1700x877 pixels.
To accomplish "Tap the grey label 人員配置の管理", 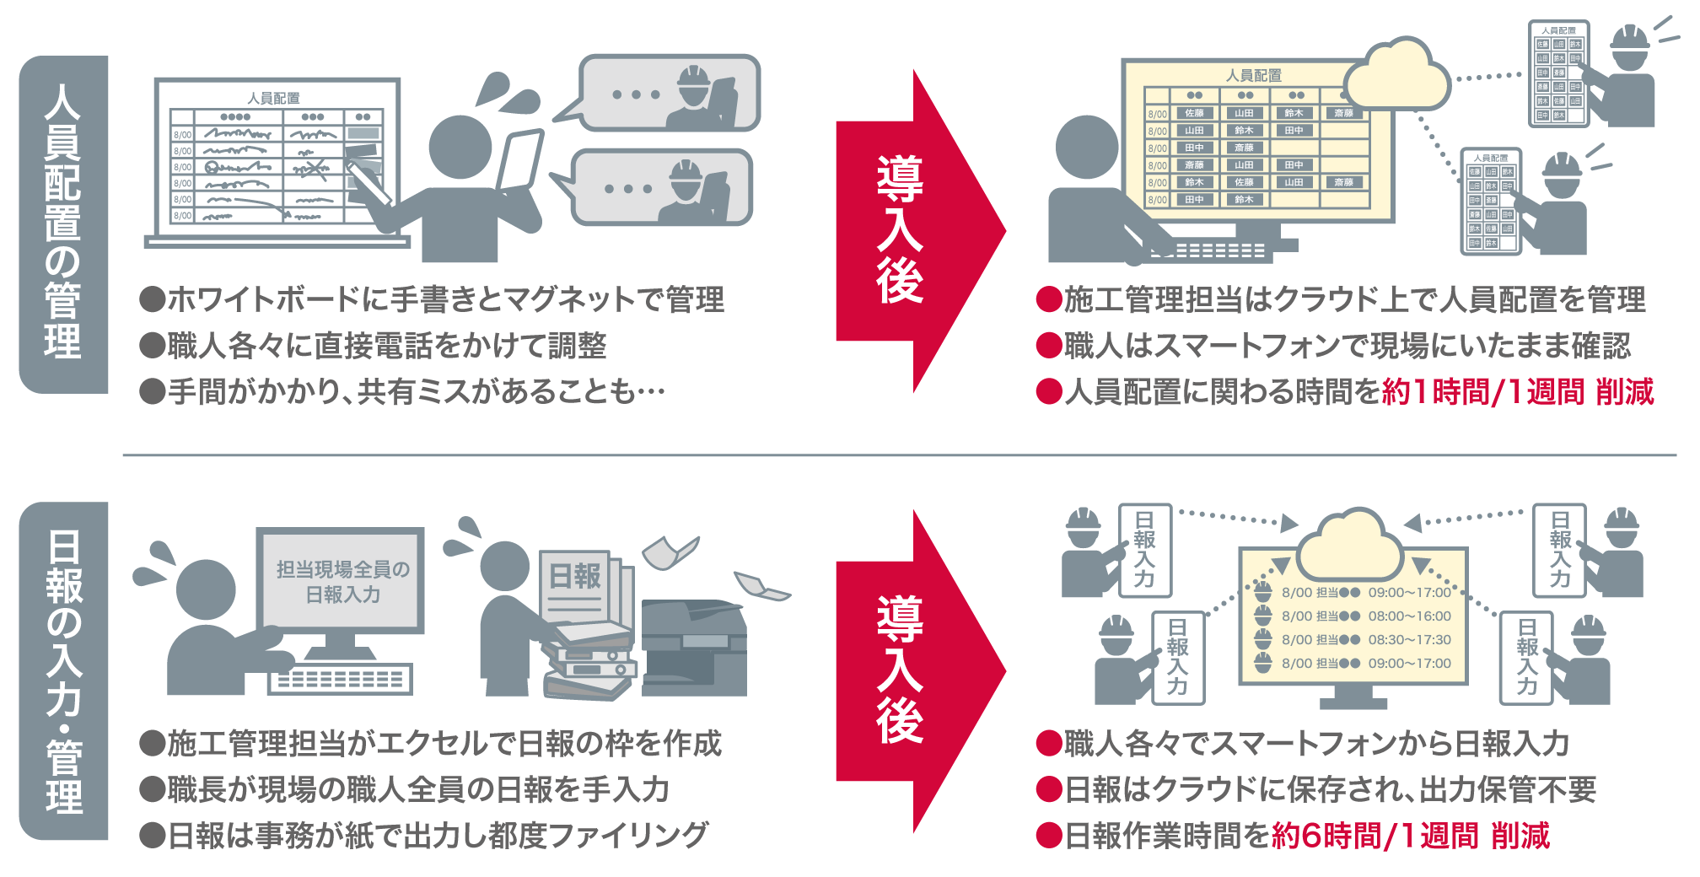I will [x=64, y=224].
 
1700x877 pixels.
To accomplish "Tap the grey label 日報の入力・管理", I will [x=64, y=671].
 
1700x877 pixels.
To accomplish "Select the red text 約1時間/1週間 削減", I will [x=1518, y=392].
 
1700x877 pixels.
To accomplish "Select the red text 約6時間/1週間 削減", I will [x=1410, y=836].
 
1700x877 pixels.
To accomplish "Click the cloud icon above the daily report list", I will [x=1349, y=544].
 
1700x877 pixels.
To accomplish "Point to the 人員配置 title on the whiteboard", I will [x=273, y=98].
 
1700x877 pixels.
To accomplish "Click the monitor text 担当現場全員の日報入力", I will [x=342, y=582].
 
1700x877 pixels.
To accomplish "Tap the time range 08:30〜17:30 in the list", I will [x=1409, y=640].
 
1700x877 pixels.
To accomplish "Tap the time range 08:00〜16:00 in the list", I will [x=1409, y=616].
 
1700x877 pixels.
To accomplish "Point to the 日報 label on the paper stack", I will [x=575, y=577].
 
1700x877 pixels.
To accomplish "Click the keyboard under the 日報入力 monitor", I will [x=340, y=679].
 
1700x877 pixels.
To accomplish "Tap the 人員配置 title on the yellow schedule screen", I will [x=1253, y=76].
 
